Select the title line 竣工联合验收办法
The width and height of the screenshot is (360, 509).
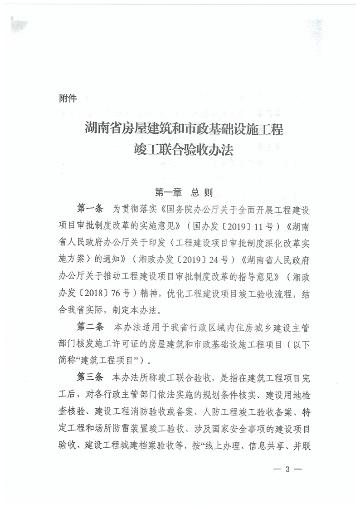184,151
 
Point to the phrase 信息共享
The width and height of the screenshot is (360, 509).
263,444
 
